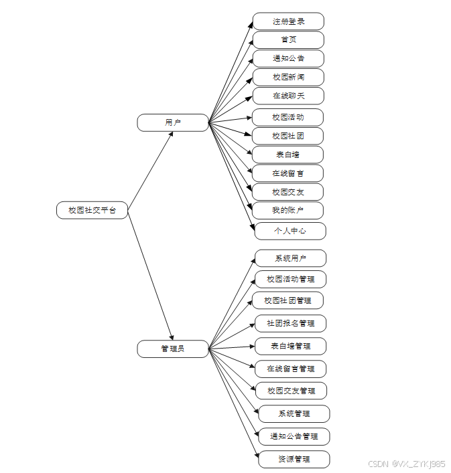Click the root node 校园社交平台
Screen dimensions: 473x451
[x=92, y=210]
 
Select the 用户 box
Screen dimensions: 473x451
[x=173, y=122]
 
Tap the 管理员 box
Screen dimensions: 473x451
[x=173, y=349]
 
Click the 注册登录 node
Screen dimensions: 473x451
[x=288, y=21]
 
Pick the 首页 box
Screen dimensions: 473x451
[x=288, y=39]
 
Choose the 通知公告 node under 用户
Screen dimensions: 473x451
[x=288, y=58]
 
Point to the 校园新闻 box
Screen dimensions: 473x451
[x=288, y=77]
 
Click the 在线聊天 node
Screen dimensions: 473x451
[x=288, y=96]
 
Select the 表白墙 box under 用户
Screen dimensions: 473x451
[x=288, y=155]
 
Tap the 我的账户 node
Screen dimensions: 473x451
[x=288, y=211]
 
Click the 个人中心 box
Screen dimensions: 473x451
[x=290, y=231]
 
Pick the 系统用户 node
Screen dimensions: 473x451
[x=290, y=258]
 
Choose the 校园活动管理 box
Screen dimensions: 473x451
[x=290, y=279]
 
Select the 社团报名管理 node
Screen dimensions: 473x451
[x=290, y=323]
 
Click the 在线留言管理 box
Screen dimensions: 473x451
[x=290, y=368]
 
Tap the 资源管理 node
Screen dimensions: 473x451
[x=294, y=459]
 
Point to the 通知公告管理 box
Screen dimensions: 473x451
[x=294, y=436]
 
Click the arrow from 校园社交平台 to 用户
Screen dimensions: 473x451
[x=150, y=167]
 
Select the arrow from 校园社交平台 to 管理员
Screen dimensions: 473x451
[x=150, y=274]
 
